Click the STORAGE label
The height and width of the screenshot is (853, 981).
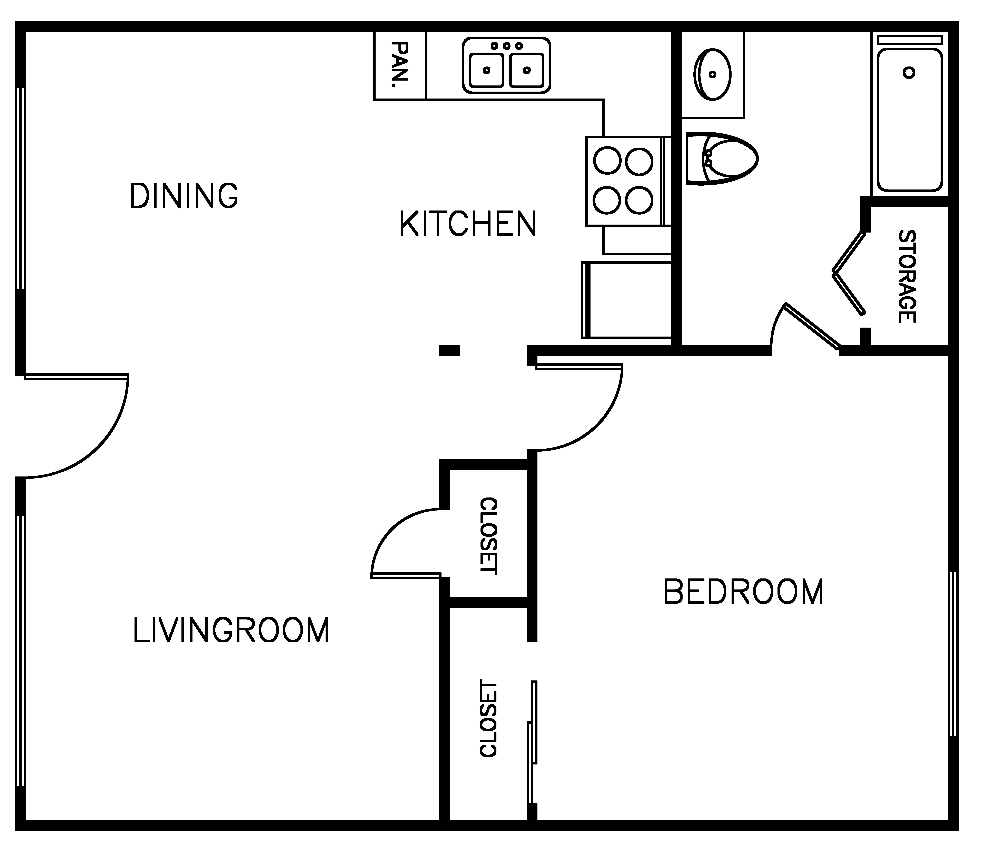pos(907,277)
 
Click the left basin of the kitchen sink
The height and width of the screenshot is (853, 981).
pos(487,70)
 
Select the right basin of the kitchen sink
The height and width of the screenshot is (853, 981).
pos(527,70)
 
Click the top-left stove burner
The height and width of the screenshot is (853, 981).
pos(607,161)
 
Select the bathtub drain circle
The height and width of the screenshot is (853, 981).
pos(909,73)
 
